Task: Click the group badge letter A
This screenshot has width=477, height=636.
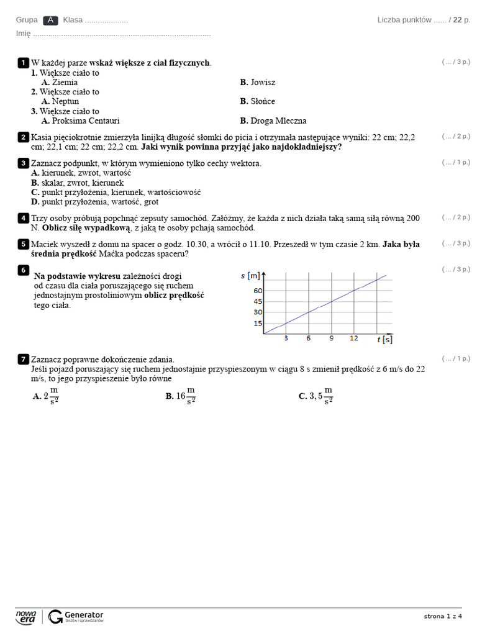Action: [51, 20]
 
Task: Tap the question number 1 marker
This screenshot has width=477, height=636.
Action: [23, 63]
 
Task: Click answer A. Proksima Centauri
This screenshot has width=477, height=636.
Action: [80, 121]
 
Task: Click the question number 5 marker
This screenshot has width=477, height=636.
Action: [23, 244]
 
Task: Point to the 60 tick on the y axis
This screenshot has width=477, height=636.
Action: [258, 291]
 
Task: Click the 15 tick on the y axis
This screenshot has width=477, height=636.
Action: [258, 324]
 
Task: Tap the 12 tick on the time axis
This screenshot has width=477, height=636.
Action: [353, 338]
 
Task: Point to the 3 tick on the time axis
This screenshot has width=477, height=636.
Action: [286, 338]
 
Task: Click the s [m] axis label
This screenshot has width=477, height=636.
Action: [250, 275]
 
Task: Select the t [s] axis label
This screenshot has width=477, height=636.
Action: [384, 339]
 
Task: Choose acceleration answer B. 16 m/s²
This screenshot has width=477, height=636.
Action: [181, 396]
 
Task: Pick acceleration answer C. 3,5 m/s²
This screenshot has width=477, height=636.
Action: [316, 396]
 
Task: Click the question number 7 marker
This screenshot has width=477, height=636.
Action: [23, 360]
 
